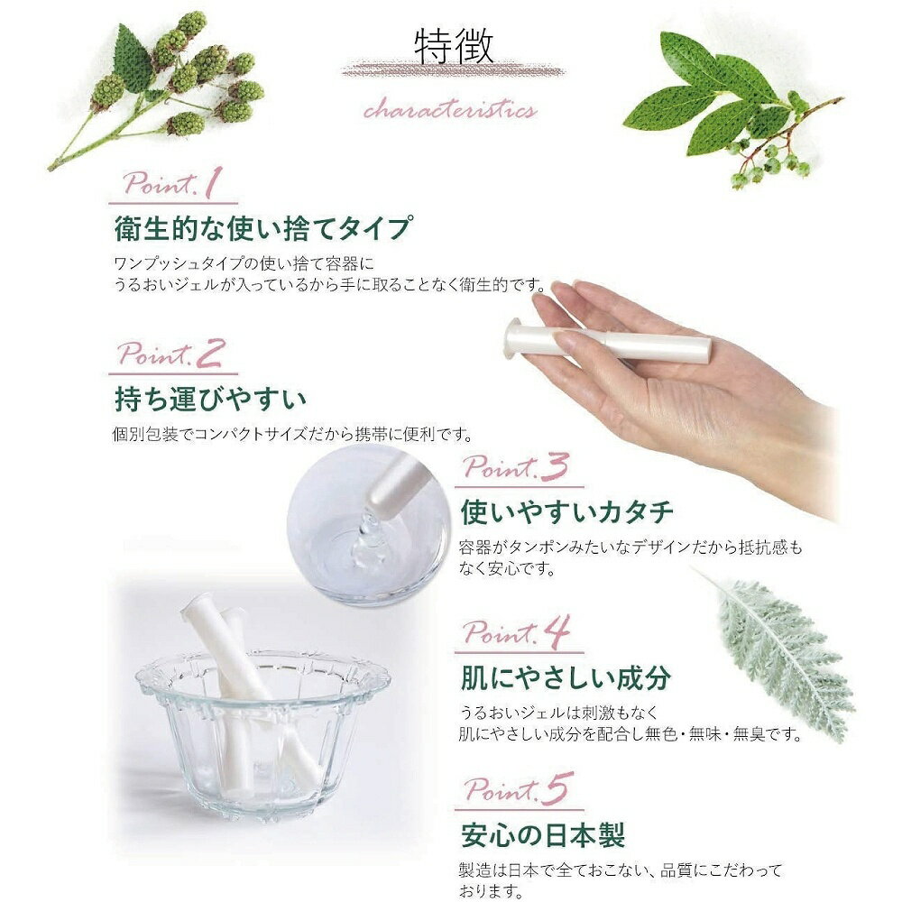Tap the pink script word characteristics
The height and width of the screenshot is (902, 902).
pyautogui.click(x=450, y=109)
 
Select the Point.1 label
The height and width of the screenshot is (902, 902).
pyautogui.click(x=172, y=183)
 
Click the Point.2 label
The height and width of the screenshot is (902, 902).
pyautogui.click(x=170, y=354)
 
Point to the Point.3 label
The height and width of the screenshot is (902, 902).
pyautogui.click(x=516, y=466)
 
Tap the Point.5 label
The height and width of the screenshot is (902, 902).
pyautogui.click(x=519, y=788)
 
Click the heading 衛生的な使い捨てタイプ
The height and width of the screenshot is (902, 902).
pyautogui.click(x=263, y=228)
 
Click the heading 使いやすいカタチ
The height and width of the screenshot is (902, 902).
pyautogui.click(x=566, y=511)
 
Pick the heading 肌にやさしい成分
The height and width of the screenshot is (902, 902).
pyautogui.click(x=566, y=677)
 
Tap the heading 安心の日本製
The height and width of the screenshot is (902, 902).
pyautogui.click(x=542, y=834)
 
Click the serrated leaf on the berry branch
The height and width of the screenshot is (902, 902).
pyautogui.click(x=133, y=58)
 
